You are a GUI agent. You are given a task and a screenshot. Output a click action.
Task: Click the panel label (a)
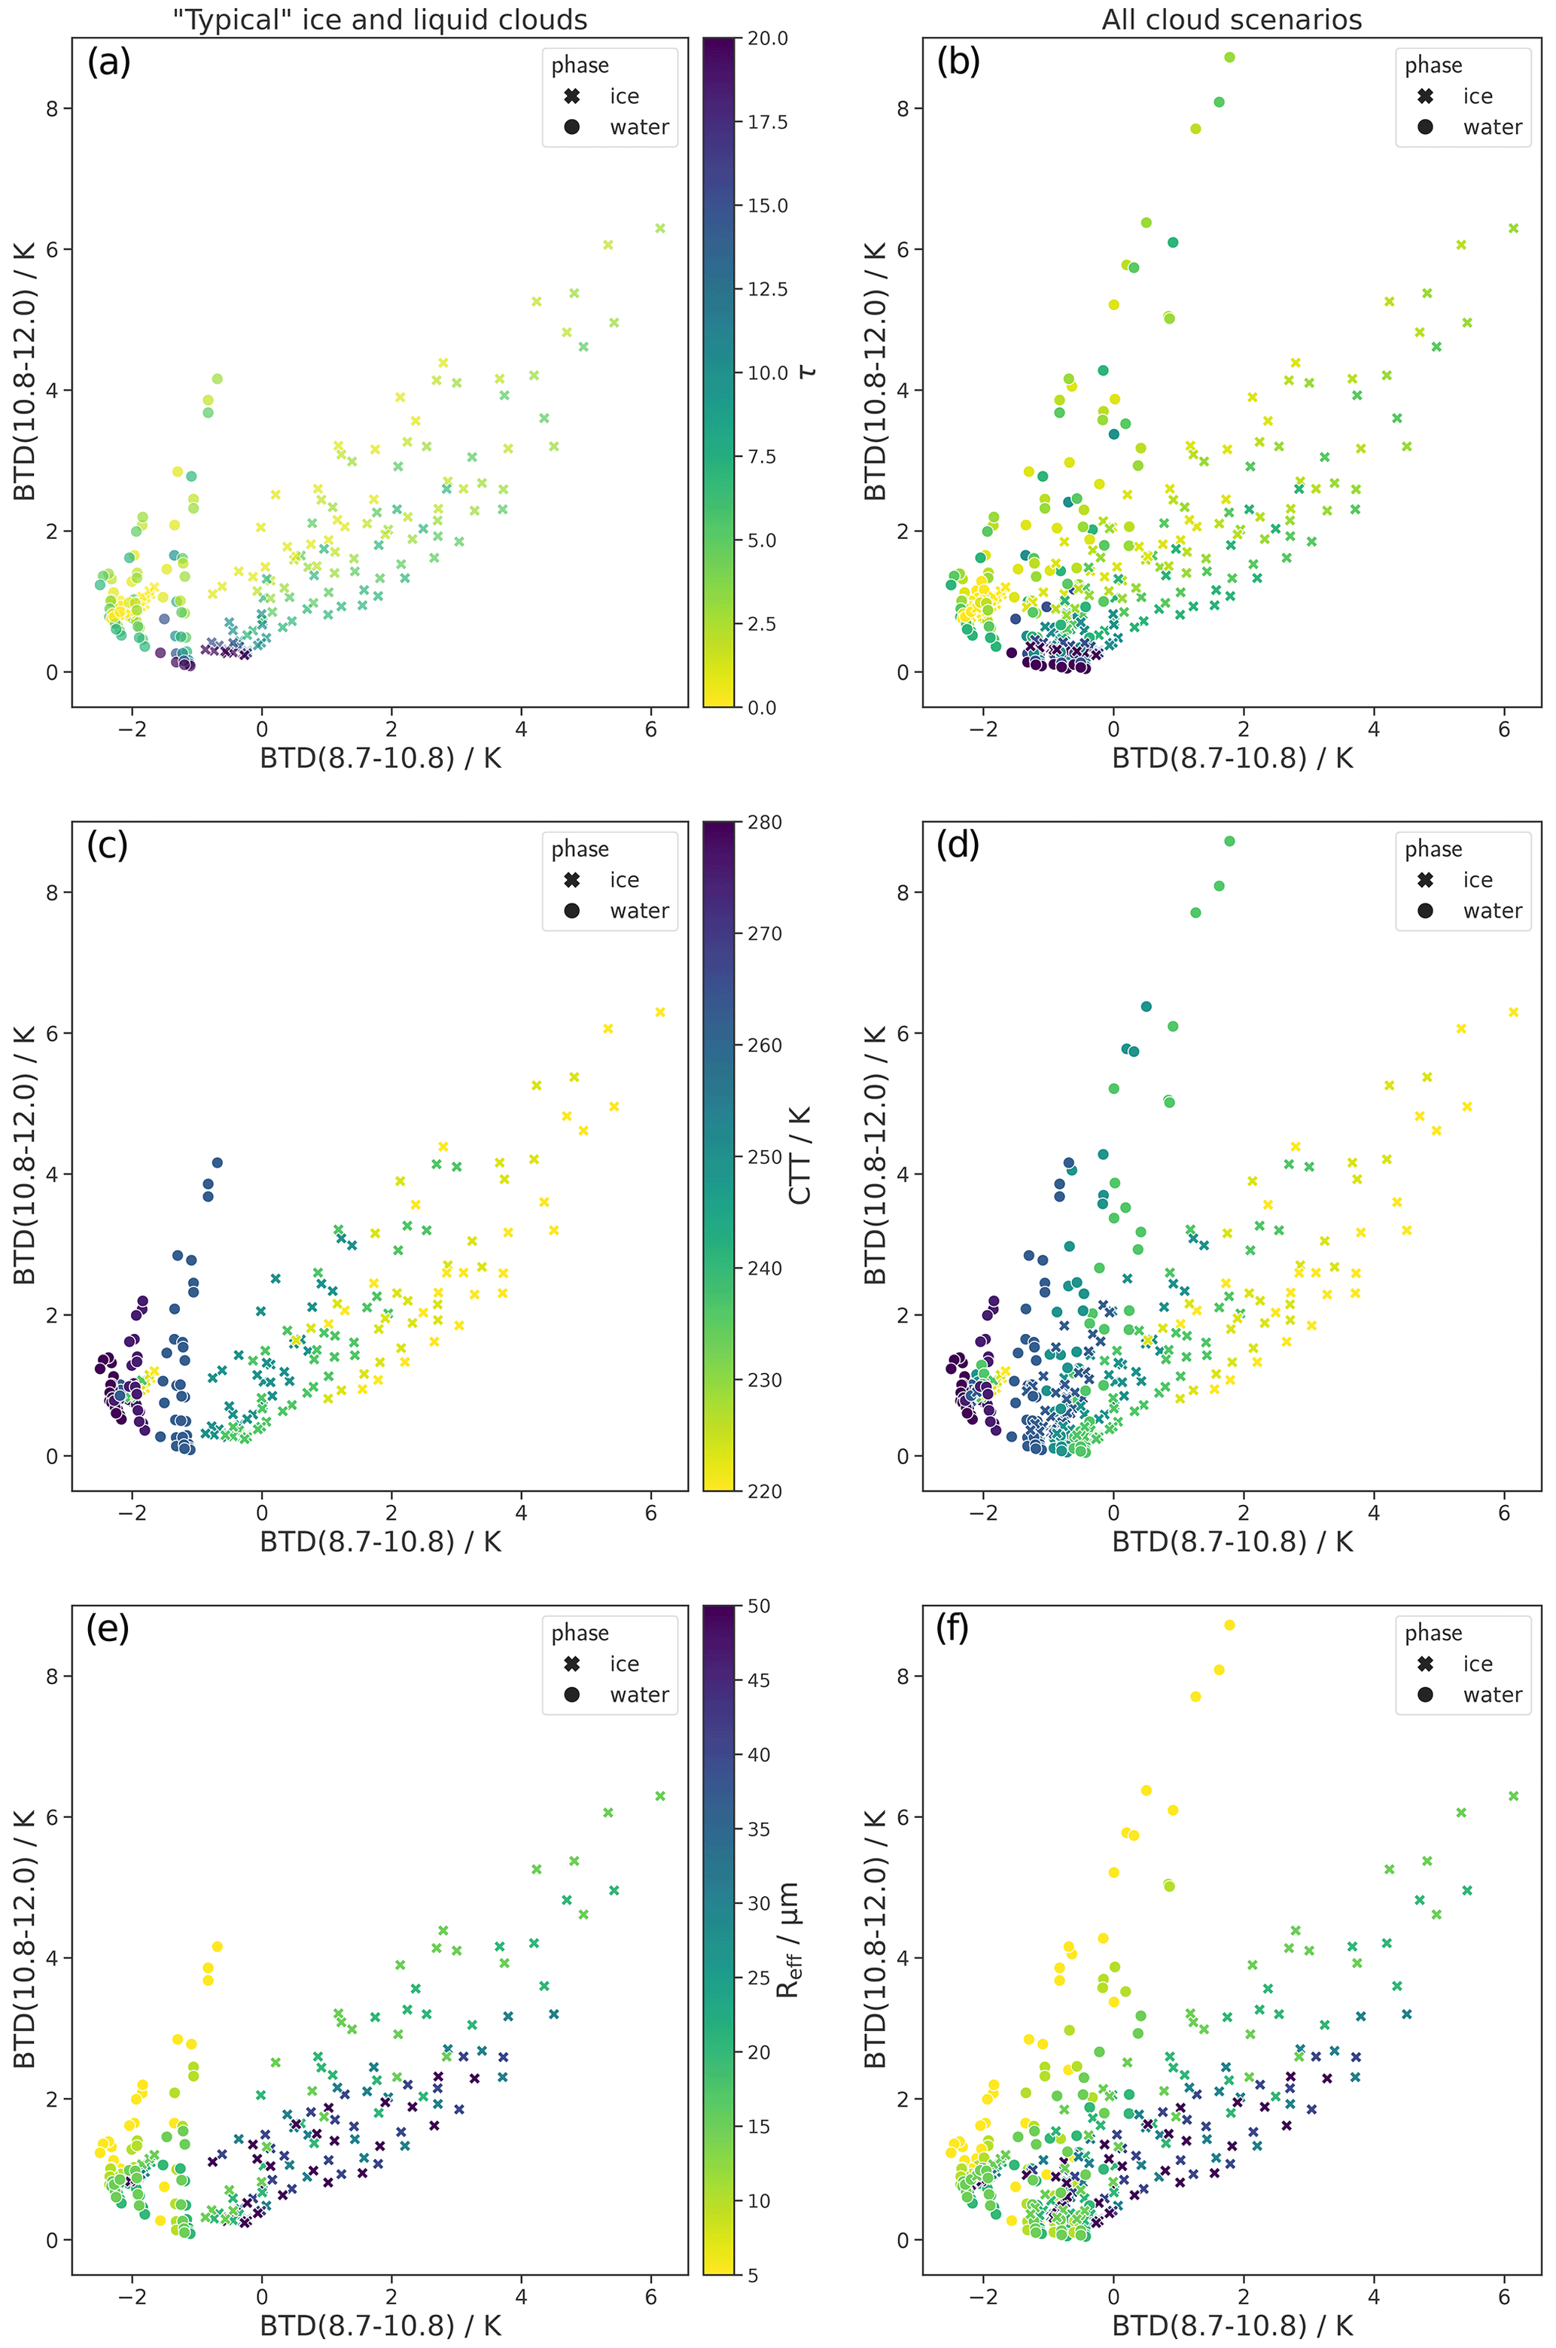pos(108,62)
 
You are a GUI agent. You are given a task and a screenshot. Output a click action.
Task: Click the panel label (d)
pos(958,845)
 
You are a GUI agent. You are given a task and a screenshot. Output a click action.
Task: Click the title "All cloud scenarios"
pos(1231,20)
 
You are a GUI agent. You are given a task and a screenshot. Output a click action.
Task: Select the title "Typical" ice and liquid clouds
pos(380,20)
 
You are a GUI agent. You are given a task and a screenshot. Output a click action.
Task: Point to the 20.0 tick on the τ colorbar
pos(767,38)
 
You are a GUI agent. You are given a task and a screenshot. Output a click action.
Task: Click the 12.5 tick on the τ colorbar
pos(767,290)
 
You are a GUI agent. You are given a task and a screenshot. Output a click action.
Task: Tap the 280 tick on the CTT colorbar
pos(764,823)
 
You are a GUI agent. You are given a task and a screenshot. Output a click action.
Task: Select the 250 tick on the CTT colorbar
pos(764,1157)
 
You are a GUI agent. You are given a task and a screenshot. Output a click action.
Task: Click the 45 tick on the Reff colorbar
pos(758,1680)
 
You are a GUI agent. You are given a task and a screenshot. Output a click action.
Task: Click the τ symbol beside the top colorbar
pos(808,371)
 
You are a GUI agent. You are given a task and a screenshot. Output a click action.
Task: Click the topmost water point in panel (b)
pos(1229,57)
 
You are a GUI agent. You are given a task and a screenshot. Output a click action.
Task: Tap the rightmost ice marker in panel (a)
pos(660,228)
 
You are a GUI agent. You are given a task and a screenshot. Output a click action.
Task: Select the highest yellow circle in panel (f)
pos(1229,1625)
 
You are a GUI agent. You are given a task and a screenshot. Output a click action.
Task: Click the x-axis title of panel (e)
pos(380,2325)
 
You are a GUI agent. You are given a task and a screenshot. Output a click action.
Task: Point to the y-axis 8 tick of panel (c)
pos(53,892)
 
